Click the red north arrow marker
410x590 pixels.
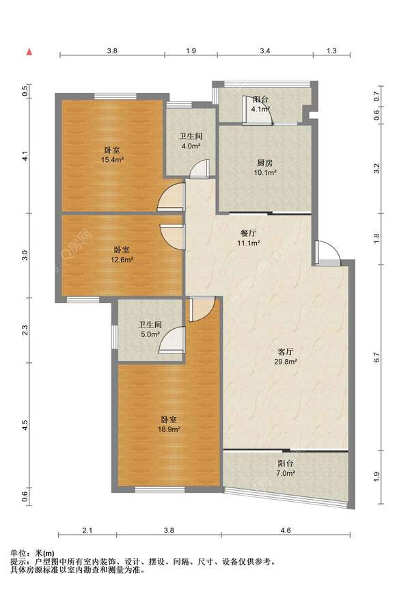click(x=29, y=52)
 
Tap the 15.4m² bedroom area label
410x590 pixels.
click(x=112, y=160)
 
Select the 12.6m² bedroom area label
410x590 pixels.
click(x=122, y=260)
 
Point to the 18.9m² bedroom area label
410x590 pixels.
click(x=169, y=429)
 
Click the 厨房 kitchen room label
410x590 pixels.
click(x=265, y=163)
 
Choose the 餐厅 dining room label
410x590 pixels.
click(x=248, y=233)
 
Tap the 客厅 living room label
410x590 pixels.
click(x=285, y=352)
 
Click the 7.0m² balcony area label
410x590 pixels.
click(x=286, y=473)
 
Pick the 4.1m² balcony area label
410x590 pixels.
click(x=260, y=109)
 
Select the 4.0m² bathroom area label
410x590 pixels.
click(x=191, y=146)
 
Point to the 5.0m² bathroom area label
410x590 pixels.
click(x=150, y=334)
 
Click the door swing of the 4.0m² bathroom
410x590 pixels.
click(x=200, y=169)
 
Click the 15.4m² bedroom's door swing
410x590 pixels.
click(x=170, y=197)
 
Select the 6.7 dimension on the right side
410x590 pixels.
click(x=377, y=357)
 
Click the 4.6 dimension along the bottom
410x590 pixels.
click(x=286, y=531)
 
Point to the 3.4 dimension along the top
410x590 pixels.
click(x=265, y=51)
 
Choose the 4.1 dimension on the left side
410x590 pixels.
click(x=25, y=156)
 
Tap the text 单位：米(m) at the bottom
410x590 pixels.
click(x=32, y=554)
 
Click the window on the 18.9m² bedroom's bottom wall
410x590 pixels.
click(x=160, y=490)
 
